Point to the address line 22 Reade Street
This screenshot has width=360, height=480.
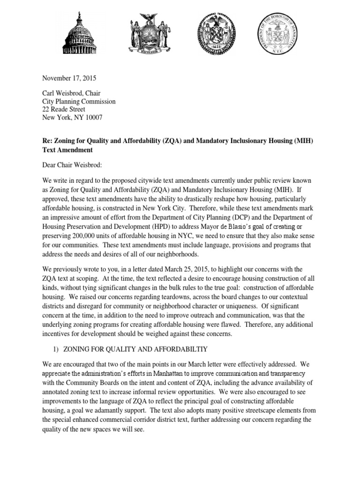click(x=64, y=109)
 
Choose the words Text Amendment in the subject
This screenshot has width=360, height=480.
click(x=67, y=150)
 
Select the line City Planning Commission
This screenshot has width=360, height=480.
click(x=79, y=101)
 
